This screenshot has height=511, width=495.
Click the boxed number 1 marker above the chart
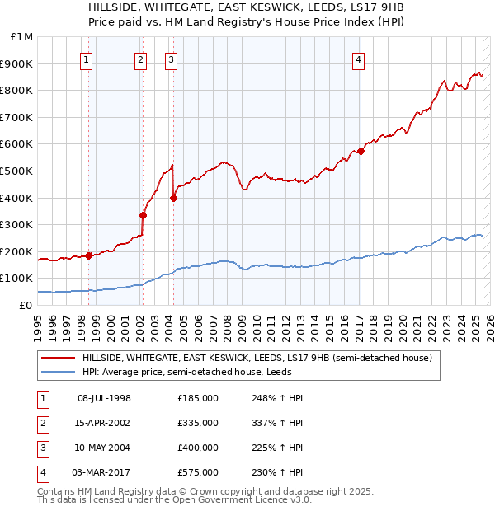[87, 59]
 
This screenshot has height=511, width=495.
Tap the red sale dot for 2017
[361, 151]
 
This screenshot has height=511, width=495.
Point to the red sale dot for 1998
[88, 255]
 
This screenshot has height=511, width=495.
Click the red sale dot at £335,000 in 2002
[143, 215]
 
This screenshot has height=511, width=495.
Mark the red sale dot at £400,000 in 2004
[173, 198]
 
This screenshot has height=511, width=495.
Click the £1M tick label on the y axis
[22, 37]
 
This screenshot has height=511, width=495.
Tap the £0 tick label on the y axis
[25, 305]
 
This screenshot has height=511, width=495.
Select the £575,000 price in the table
[197, 472]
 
